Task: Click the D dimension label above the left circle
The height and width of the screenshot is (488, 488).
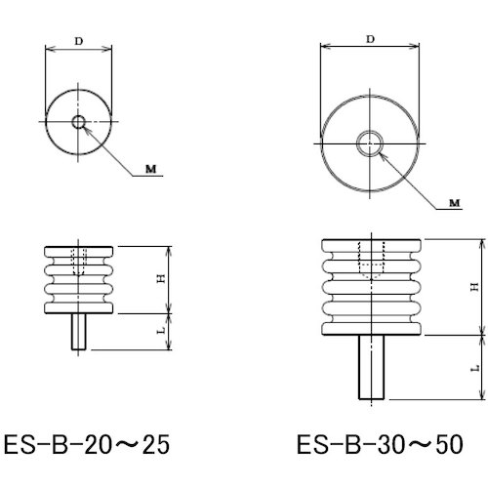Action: (x=79, y=41)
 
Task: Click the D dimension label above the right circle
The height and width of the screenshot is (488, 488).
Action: (x=370, y=39)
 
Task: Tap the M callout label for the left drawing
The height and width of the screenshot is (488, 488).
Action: (x=150, y=169)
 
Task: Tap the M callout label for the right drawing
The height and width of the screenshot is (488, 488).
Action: (x=455, y=203)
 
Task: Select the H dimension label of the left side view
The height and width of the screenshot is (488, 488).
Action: (x=162, y=279)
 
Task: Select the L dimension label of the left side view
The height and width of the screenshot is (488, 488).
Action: (x=162, y=331)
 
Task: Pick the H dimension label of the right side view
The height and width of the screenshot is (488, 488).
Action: (x=475, y=287)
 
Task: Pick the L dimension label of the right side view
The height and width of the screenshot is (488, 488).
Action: (x=475, y=368)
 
